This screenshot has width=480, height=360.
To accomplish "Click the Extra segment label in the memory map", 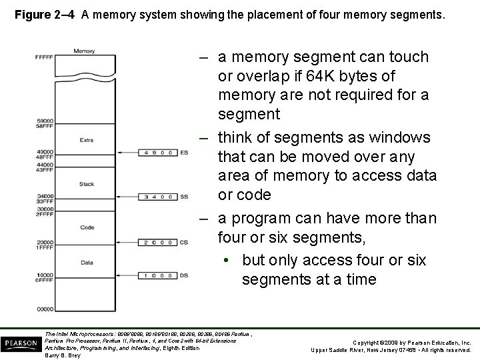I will tap(86, 140).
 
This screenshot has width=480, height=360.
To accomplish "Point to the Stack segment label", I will tap(86, 183).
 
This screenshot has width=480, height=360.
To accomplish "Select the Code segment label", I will tap(86, 227).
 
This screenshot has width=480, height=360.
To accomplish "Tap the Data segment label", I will tap(86, 262).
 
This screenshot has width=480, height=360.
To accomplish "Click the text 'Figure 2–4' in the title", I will tap(45, 13).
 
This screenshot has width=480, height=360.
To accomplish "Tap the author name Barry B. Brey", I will tap(61, 355).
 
